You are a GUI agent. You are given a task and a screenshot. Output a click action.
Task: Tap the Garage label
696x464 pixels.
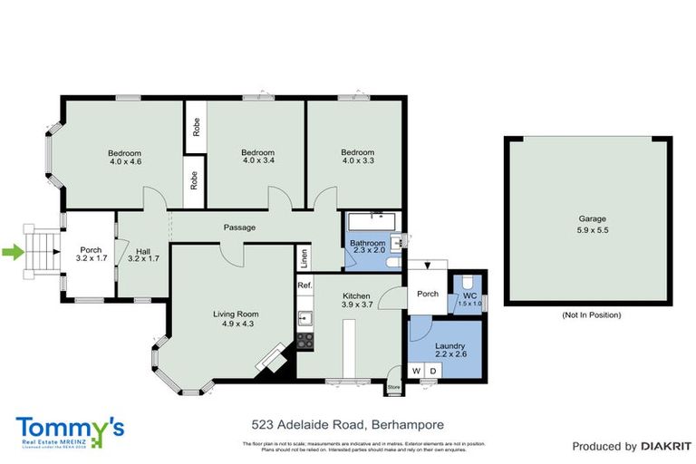tap(593, 224)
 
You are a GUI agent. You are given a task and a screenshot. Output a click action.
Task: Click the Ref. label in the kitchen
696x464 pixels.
tap(305, 285)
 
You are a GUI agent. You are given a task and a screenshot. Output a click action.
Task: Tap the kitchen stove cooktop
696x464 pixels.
tap(305, 342)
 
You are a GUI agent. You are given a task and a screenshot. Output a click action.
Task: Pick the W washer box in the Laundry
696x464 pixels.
tap(417, 371)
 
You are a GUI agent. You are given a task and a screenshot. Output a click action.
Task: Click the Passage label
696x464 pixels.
tap(240, 227)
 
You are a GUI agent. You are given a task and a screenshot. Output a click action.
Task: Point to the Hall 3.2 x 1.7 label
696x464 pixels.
tap(143, 256)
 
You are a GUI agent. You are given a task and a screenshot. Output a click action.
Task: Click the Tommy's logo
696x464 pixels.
tap(70, 431)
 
